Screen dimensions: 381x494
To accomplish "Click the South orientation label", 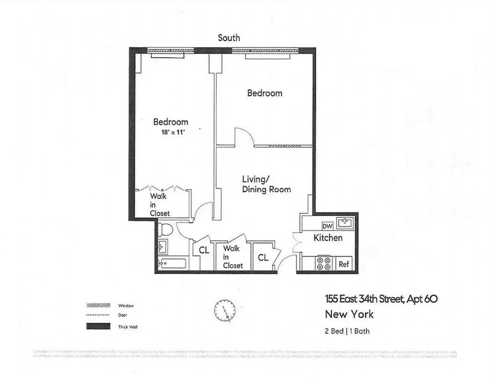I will pyautogui.click(x=229, y=38).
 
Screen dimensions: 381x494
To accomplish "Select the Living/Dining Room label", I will pyautogui.click(x=266, y=184).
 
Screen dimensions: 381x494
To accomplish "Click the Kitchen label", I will pyautogui.click(x=328, y=238).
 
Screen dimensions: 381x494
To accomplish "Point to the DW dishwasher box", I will pyautogui.click(x=327, y=226).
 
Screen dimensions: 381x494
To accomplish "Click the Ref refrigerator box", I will pyautogui.click(x=344, y=264).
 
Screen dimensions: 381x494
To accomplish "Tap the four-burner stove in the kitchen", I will pyautogui.click(x=323, y=263).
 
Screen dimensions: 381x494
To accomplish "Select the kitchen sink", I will pyautogui.click(x=345, y=223).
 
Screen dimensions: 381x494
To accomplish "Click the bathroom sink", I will pyautogui.click(x=163, y=246).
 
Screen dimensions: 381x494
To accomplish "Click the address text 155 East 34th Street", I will pyautogui.click(x=381, y=299).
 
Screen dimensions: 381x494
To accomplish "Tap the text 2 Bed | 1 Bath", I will pyautogui.click(x=347, y=331).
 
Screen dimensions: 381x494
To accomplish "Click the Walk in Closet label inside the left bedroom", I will pyautogui.click(x=160, y=204).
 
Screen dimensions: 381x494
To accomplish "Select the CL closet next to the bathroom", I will pyautogui.click(x=204, y=250).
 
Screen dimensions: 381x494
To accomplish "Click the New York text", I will pyautogui.click(x=349, y=314).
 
